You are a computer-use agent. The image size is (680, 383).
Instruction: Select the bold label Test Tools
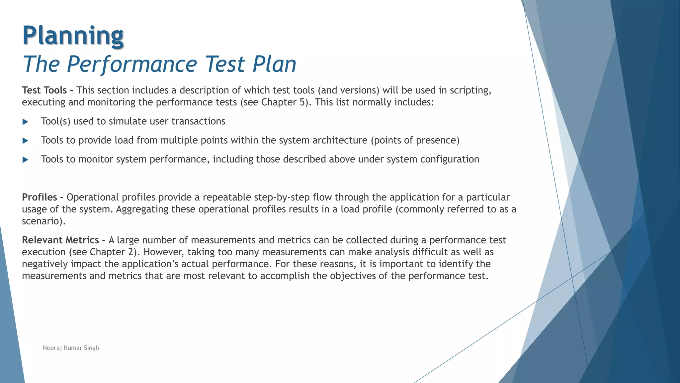[x=44, y=90]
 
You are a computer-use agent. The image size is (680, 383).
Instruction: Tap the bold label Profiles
[x=40, y=197]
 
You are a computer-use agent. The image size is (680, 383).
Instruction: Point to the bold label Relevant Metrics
[x=60, y=240]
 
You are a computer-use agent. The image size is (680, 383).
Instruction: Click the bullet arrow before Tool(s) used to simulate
[x=25, y=122]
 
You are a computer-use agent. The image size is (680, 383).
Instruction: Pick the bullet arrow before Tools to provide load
[x=25, y=141]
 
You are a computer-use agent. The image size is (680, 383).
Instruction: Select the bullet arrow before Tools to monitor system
[x=25, y=160]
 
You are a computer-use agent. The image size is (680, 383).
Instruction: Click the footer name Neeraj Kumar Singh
[x=71, y=348]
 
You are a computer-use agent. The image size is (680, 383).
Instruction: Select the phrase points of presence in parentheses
[x=415, y=140]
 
